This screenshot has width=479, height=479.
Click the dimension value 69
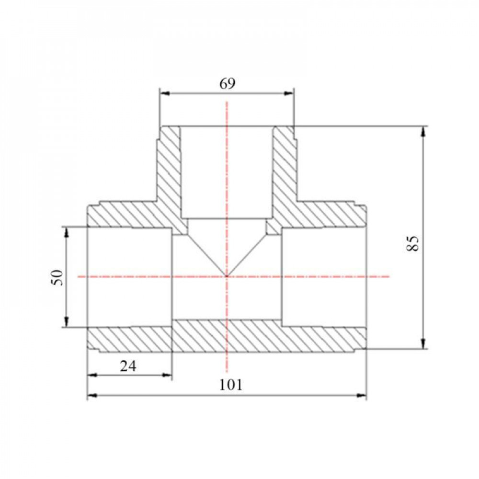click(228, 84)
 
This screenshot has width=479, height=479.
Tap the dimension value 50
click(57, 278)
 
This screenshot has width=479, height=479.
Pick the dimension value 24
click(128, 365)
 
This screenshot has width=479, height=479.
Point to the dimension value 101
click(231, 385)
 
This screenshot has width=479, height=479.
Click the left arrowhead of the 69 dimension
click(165, 93)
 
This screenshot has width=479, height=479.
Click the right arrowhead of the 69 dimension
click(288, 93)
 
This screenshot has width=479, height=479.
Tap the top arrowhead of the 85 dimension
click(423, 132)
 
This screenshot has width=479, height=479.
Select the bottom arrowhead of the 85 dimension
click(423, 343)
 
